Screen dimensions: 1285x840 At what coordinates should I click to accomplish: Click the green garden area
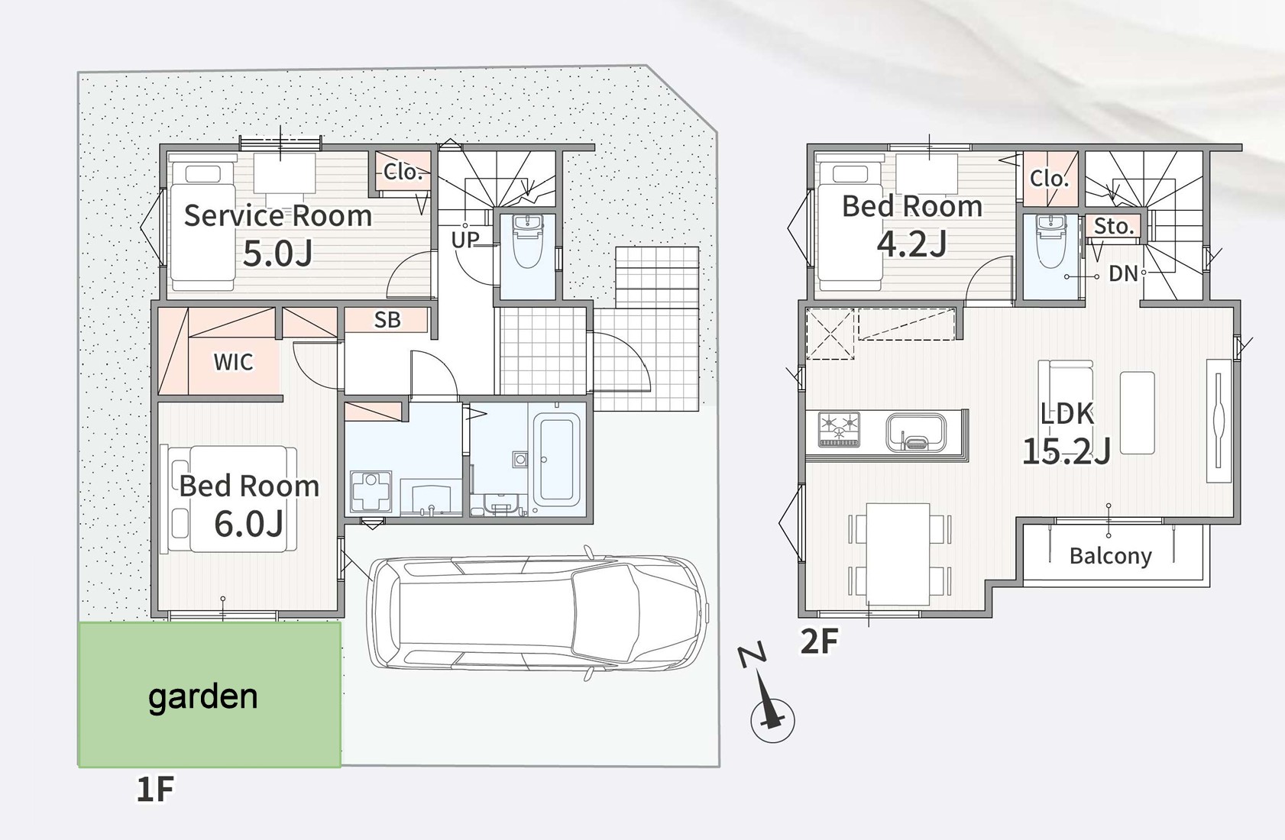210,694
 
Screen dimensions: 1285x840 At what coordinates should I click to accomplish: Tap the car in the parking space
537,613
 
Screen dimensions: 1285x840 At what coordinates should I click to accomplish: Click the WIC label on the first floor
234,362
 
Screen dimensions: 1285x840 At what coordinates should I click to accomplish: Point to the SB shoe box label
387,319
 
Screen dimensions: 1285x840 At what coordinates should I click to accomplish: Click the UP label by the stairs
464,240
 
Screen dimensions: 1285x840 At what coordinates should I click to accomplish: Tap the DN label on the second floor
1122,273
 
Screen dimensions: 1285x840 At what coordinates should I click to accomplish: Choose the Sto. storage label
1113,226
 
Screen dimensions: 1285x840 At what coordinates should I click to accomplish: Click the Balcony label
1111,556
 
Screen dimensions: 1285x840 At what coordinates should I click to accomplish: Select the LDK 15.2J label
1067,433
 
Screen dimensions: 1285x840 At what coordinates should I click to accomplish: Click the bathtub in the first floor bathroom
556,460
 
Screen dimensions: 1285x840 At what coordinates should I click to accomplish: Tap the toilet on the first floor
528,241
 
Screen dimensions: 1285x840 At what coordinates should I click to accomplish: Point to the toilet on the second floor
1051,241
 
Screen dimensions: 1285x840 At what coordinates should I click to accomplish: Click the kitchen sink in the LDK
915,433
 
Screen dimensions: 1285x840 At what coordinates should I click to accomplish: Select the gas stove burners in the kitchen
839,429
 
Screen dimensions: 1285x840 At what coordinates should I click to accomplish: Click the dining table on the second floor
898,554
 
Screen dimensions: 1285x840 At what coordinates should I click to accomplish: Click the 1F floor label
155,789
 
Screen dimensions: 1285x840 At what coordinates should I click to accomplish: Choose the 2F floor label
819,641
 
